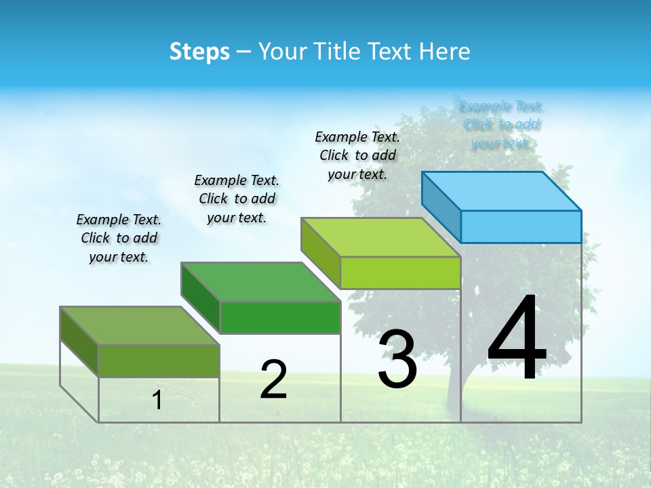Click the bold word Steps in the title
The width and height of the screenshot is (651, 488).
coord(199,52)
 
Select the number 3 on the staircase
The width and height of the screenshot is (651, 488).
coord(397,359)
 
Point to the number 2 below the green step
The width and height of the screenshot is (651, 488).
coord(273,380)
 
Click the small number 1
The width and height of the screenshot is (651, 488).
coord(157,400)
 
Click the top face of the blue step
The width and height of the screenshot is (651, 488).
coord(502,191)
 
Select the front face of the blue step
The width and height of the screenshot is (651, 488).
coord(521,226)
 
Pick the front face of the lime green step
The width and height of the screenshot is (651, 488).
coord(400,272)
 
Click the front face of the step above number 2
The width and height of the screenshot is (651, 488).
coord(280,317)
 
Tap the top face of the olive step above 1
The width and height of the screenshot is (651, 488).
coord(140,325)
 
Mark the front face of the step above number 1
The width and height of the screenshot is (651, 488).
coord(159,361)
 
